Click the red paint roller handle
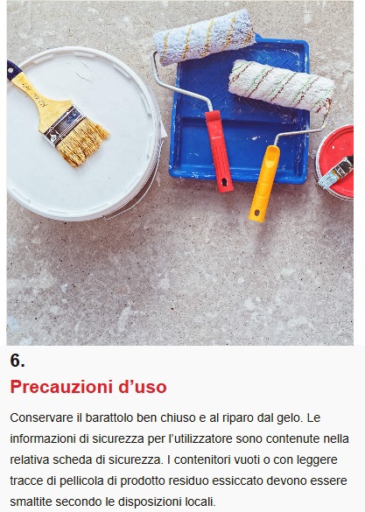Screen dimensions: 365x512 point(219,151)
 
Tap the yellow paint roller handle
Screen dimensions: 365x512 point(264,184)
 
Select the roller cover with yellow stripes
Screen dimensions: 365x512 point(204,37)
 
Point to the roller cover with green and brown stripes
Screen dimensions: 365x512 point(282,86)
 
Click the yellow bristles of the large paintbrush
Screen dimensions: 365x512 point(83,141)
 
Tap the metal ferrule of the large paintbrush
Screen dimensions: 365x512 point(63,124)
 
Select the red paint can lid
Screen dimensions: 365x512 point(336,161)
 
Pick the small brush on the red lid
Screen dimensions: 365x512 point(336,172)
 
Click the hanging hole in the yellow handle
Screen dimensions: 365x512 point(257,213)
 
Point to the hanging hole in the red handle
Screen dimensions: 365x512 point(224,181)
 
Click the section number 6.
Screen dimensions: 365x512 point(18,361)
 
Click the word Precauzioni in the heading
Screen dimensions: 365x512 point(60,387)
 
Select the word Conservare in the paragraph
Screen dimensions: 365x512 point(41,417)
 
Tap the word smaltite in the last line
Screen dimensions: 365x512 point(31,501)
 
